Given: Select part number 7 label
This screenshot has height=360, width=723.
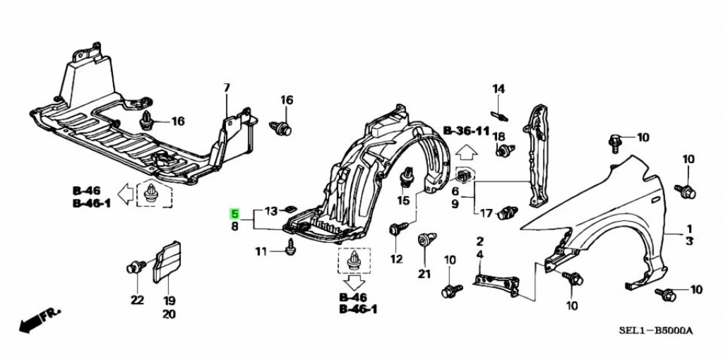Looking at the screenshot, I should click(x=227, y=88).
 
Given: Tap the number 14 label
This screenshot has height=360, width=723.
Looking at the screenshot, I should click(x=499, y=88).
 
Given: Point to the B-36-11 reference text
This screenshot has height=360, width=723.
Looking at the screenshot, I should click(x=466, y=131).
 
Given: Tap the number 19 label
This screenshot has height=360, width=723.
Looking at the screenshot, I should click(x=169, y=299).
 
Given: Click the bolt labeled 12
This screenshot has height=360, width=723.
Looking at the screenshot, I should click(x=398, y=229).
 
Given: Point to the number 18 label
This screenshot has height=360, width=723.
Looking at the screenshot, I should click(x=498, y=136).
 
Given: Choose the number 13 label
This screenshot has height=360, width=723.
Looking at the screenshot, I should click(x=272, y=211).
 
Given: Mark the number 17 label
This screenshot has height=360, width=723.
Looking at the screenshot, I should click(x=486, y=213).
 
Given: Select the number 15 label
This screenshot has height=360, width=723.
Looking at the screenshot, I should click(x=402, y=201).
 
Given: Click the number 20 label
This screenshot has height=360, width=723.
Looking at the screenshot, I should click(x=169, y=314).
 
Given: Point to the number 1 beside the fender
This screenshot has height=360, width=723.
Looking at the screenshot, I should click(x=689, y=229).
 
